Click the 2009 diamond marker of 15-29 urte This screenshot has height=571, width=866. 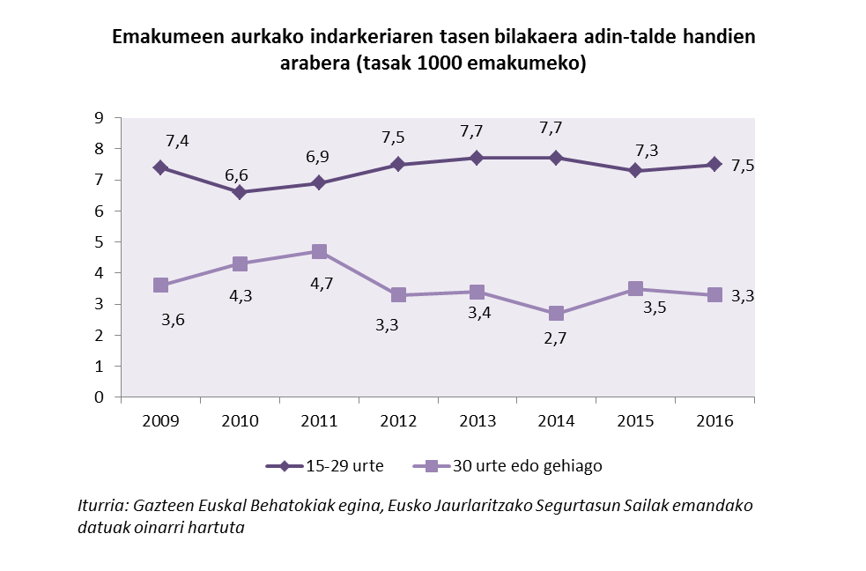[x=160, y=167]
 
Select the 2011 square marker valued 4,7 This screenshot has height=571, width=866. [x=319, y=252]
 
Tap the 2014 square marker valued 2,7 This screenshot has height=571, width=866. [x=556, y=314]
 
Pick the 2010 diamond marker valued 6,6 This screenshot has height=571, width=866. [x=240, y=192]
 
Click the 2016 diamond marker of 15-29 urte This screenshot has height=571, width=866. [x=714, y=164]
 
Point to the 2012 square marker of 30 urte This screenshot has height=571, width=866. [x=398, y=295]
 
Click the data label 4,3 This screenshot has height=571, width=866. [x=240, y=296]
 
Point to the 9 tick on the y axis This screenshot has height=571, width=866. [x=100, y=118]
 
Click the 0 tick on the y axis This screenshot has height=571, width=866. [x=100, y=397]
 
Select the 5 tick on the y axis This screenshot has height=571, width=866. [x=100, y=242]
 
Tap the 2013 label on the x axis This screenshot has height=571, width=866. [x=477, y=421]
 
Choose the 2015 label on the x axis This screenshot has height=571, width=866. [x=635, y=421]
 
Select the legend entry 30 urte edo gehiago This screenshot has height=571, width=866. [x=527, y=466]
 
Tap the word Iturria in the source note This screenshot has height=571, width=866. [x=102, y=507]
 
